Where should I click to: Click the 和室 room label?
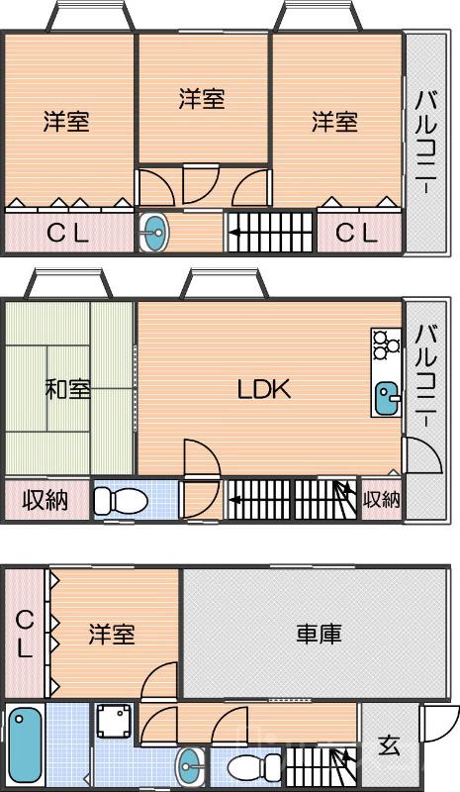[x=67, y=389]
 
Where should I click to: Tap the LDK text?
[x=263, y=389]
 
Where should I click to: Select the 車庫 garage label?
[x=319, y=634]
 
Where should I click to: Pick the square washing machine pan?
[x=115, y=722]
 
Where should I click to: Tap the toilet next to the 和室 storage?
[x=119, y=500]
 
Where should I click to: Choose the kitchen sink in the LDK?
[x=387, y=399]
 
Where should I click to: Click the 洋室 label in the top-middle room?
[x=202, y=99]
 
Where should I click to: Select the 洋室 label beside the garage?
[x=111, y=633]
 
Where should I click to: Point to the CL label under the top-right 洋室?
[x=355, y=234]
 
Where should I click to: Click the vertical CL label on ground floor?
[x=24, y=634]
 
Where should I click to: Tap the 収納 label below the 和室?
[x=46, y=500]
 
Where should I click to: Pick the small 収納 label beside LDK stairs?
[x=381, y=500]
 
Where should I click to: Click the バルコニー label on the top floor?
[x=426, y=142]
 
